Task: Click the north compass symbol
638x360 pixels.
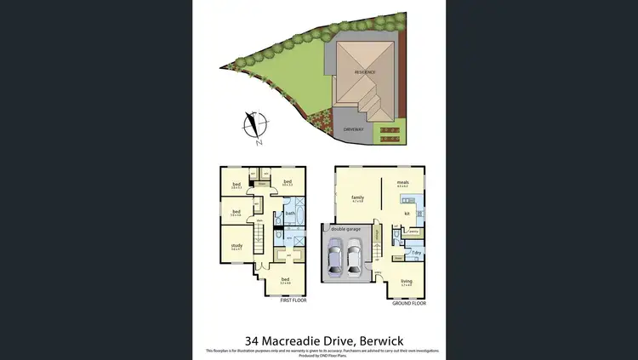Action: pyautogui.click(x=253, y=125)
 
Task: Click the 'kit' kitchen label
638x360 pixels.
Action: pyautogui.click(x=407, y=212)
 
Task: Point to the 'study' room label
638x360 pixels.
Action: pyautogui.click(x=236, y=246)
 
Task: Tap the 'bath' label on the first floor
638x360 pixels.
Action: pyautogui.click(x=289, y=213)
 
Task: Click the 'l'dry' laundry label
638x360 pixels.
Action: pyautogui.click(x=417, y=252)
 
